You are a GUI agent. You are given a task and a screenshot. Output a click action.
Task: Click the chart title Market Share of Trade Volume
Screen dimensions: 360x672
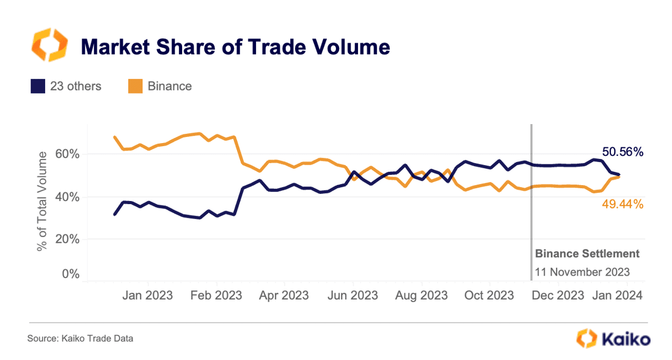[x=235, y=46]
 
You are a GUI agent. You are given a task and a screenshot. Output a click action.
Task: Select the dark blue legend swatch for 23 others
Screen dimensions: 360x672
[x=37, y=86]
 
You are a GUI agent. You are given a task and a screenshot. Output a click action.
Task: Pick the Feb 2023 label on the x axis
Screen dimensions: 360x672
[x=216, y=295]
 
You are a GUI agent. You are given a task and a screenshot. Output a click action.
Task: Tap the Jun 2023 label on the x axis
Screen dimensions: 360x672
[x=352, y=295]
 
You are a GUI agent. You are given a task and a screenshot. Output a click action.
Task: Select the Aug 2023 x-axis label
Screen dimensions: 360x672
[x=422, y=295]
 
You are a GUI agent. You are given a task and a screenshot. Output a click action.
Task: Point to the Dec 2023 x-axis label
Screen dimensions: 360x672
[x=558, y=295]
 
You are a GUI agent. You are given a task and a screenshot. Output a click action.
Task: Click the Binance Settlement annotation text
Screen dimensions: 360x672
[x=587, y=253]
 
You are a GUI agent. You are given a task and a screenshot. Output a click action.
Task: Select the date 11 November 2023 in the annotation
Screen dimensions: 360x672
[x=582, y=272]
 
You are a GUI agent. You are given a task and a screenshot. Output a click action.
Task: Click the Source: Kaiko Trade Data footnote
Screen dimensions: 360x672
[x=80, y=338]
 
